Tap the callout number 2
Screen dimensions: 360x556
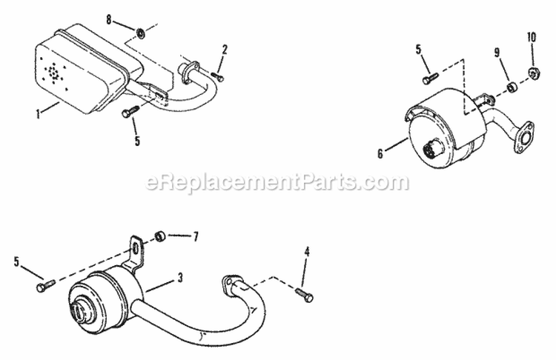[x=224, y=50]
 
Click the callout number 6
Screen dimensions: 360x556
[x=380, y=153]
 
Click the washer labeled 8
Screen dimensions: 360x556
[x=141, y=33]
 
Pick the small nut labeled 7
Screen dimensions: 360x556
[x=159, y=237]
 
